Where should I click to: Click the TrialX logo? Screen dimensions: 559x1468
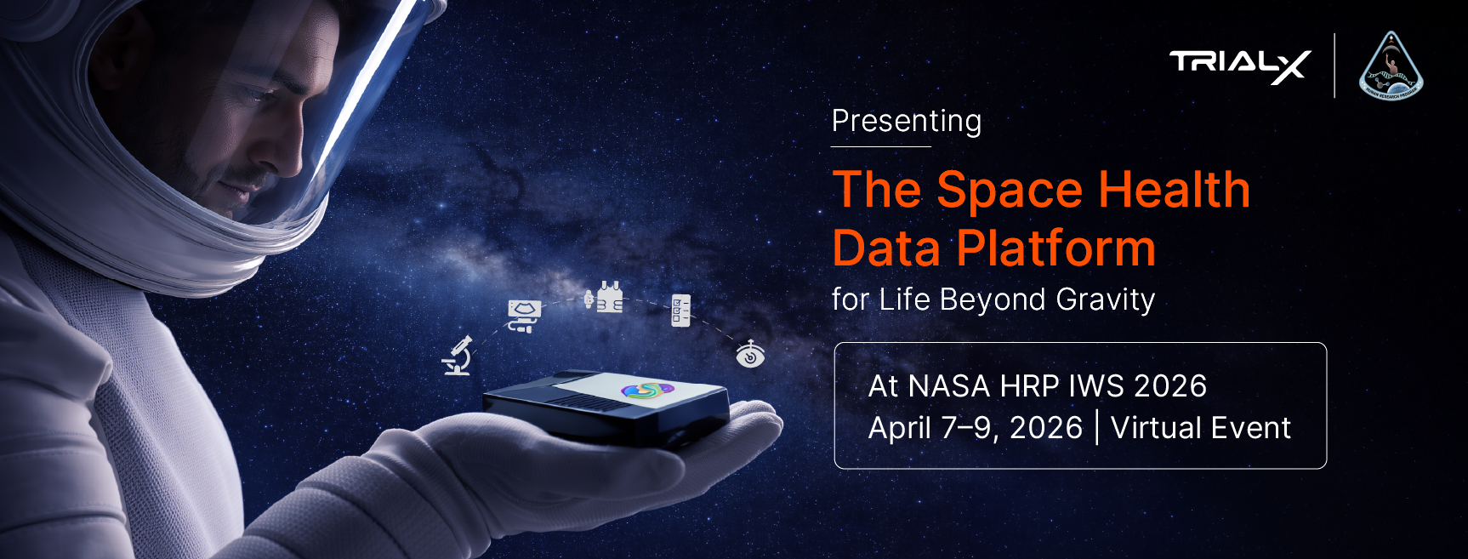(x=1239, y=66)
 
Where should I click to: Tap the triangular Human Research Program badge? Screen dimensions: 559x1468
(x=1391, y=68)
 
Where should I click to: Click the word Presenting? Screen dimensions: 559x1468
(x=907, y=122)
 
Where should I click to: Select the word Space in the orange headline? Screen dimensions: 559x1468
(x=1010, y=190)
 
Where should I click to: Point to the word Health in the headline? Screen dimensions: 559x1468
(x=1174, y=189)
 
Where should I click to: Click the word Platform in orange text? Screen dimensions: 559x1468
(x=1055, y=248)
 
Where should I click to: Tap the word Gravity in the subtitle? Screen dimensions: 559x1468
(x=1105, y=300)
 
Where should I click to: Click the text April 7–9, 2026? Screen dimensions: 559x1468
(x=975, y=428)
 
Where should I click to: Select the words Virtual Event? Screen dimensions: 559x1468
(x=1201, y=428)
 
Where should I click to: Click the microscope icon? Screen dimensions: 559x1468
(x=458, y=356)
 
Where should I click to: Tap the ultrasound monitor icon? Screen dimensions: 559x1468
(x=524, y=316)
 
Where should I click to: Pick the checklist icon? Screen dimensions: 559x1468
(x=680, y=311)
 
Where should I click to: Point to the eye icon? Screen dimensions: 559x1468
(x=750, y=354)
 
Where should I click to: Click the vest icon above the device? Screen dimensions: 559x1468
(x=606, y=299)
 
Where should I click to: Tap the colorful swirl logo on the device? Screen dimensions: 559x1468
(x=647, y=391)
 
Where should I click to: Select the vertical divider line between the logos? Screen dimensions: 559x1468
(x=1334, y=66)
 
